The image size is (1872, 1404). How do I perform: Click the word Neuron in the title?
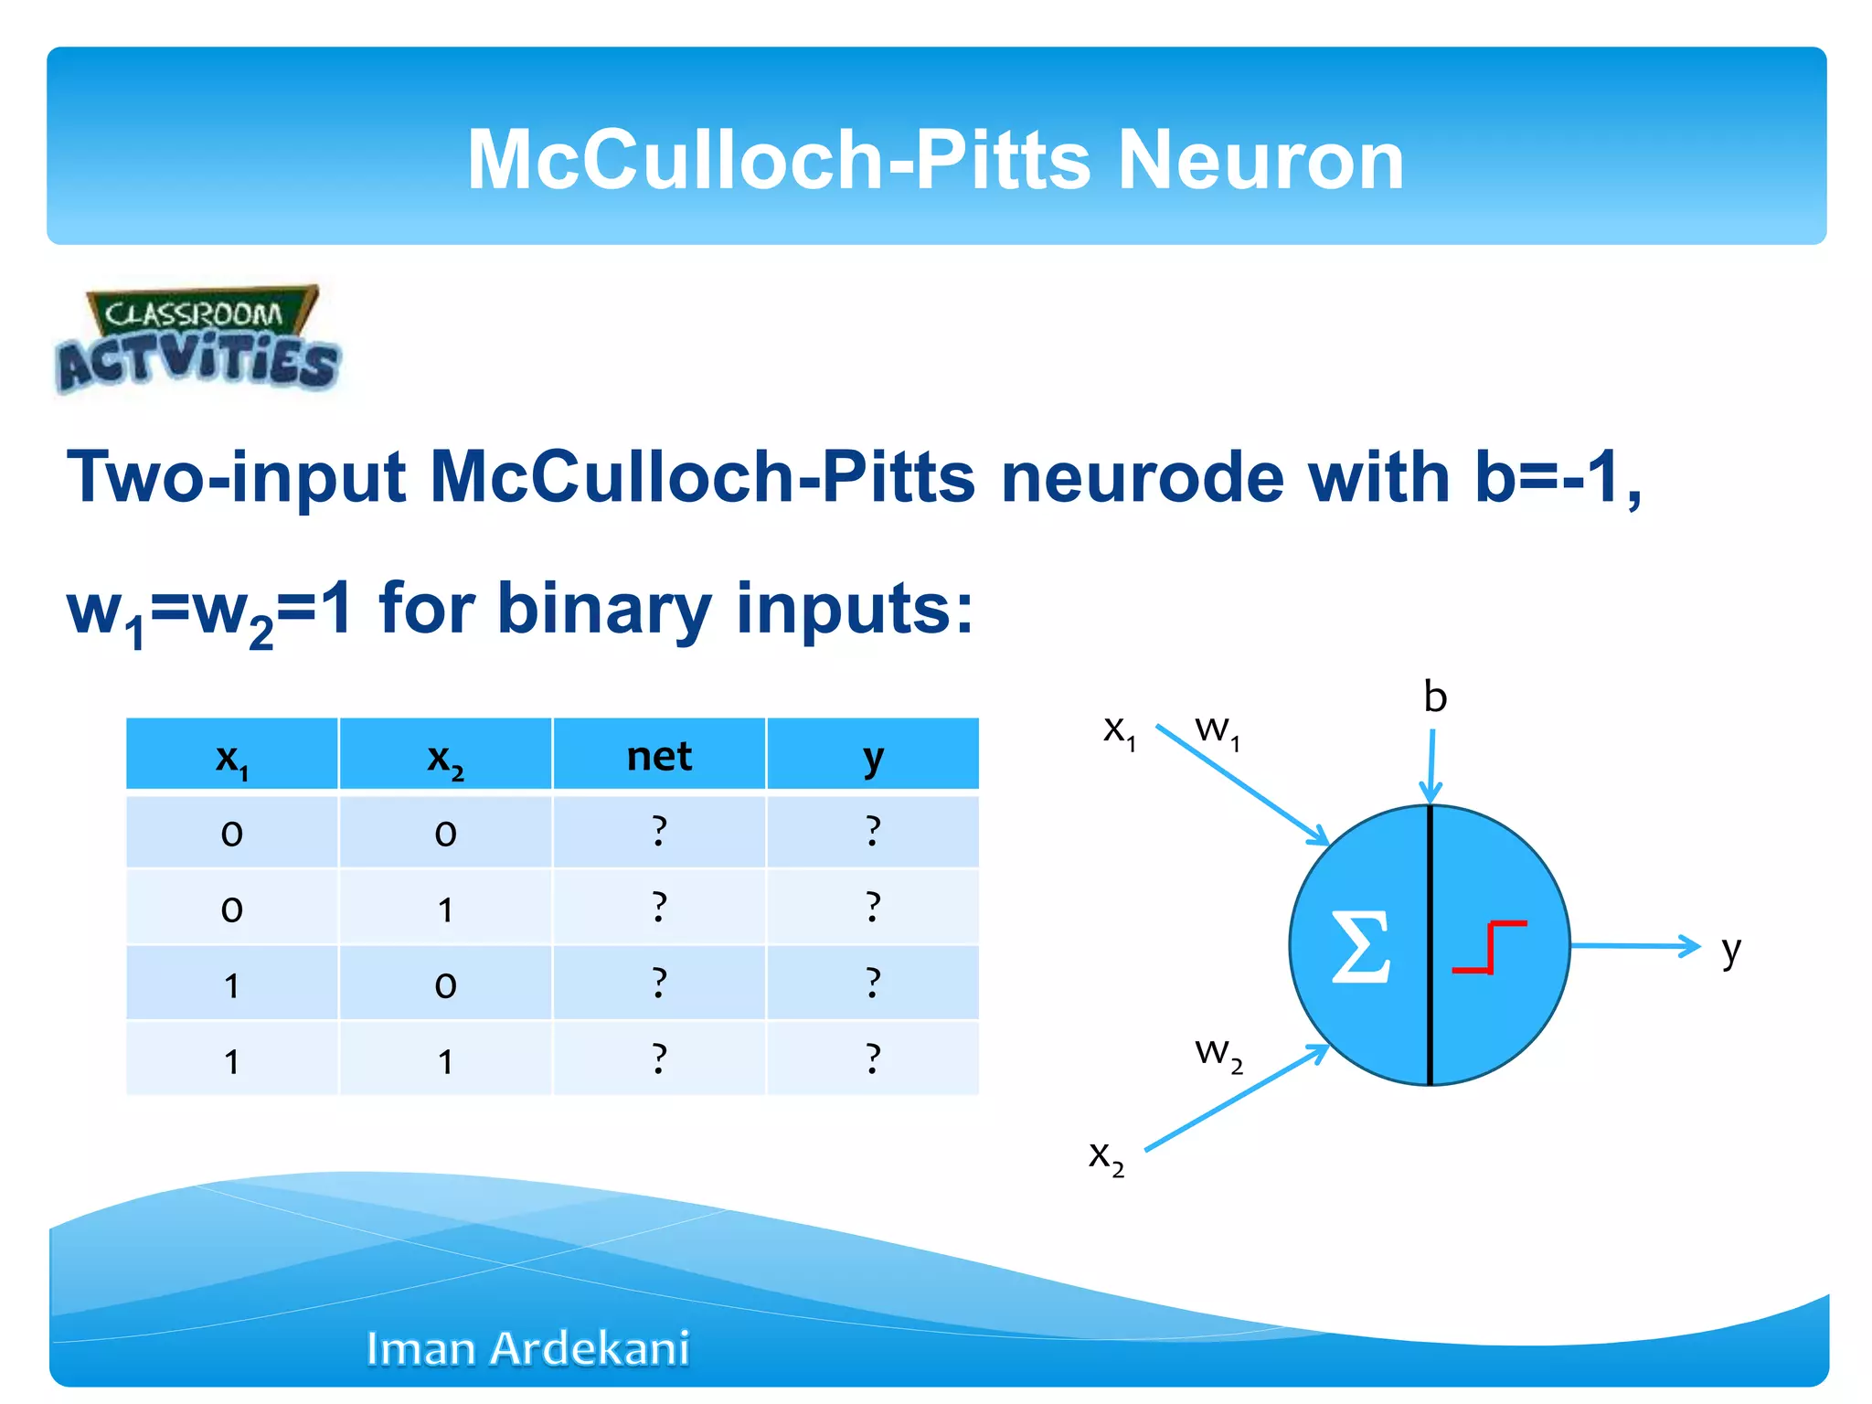click(1260, 160)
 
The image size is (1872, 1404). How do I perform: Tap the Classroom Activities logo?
click(197, 340)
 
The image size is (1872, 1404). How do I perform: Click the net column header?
click(659, 756)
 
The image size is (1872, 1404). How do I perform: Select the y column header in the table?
click(873, 756)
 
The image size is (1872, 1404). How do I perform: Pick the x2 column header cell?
click(445, 756)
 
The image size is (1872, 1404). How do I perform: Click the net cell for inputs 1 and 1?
click(659, 1058)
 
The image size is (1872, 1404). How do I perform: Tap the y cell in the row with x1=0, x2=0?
click(873, 831)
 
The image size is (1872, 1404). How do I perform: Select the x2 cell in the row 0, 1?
click(445, 908)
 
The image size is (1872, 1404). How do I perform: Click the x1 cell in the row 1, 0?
click(232, 984)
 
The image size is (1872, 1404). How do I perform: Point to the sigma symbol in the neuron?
click(1360, 946)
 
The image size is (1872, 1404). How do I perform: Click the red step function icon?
click(1489, 947)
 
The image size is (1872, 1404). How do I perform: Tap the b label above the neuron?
click(1435, 697)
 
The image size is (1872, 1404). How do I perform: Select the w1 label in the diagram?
click(1217, 730)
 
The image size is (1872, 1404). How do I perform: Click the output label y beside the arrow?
click(1730, 951)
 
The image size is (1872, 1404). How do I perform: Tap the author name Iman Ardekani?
click(527, 1348)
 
